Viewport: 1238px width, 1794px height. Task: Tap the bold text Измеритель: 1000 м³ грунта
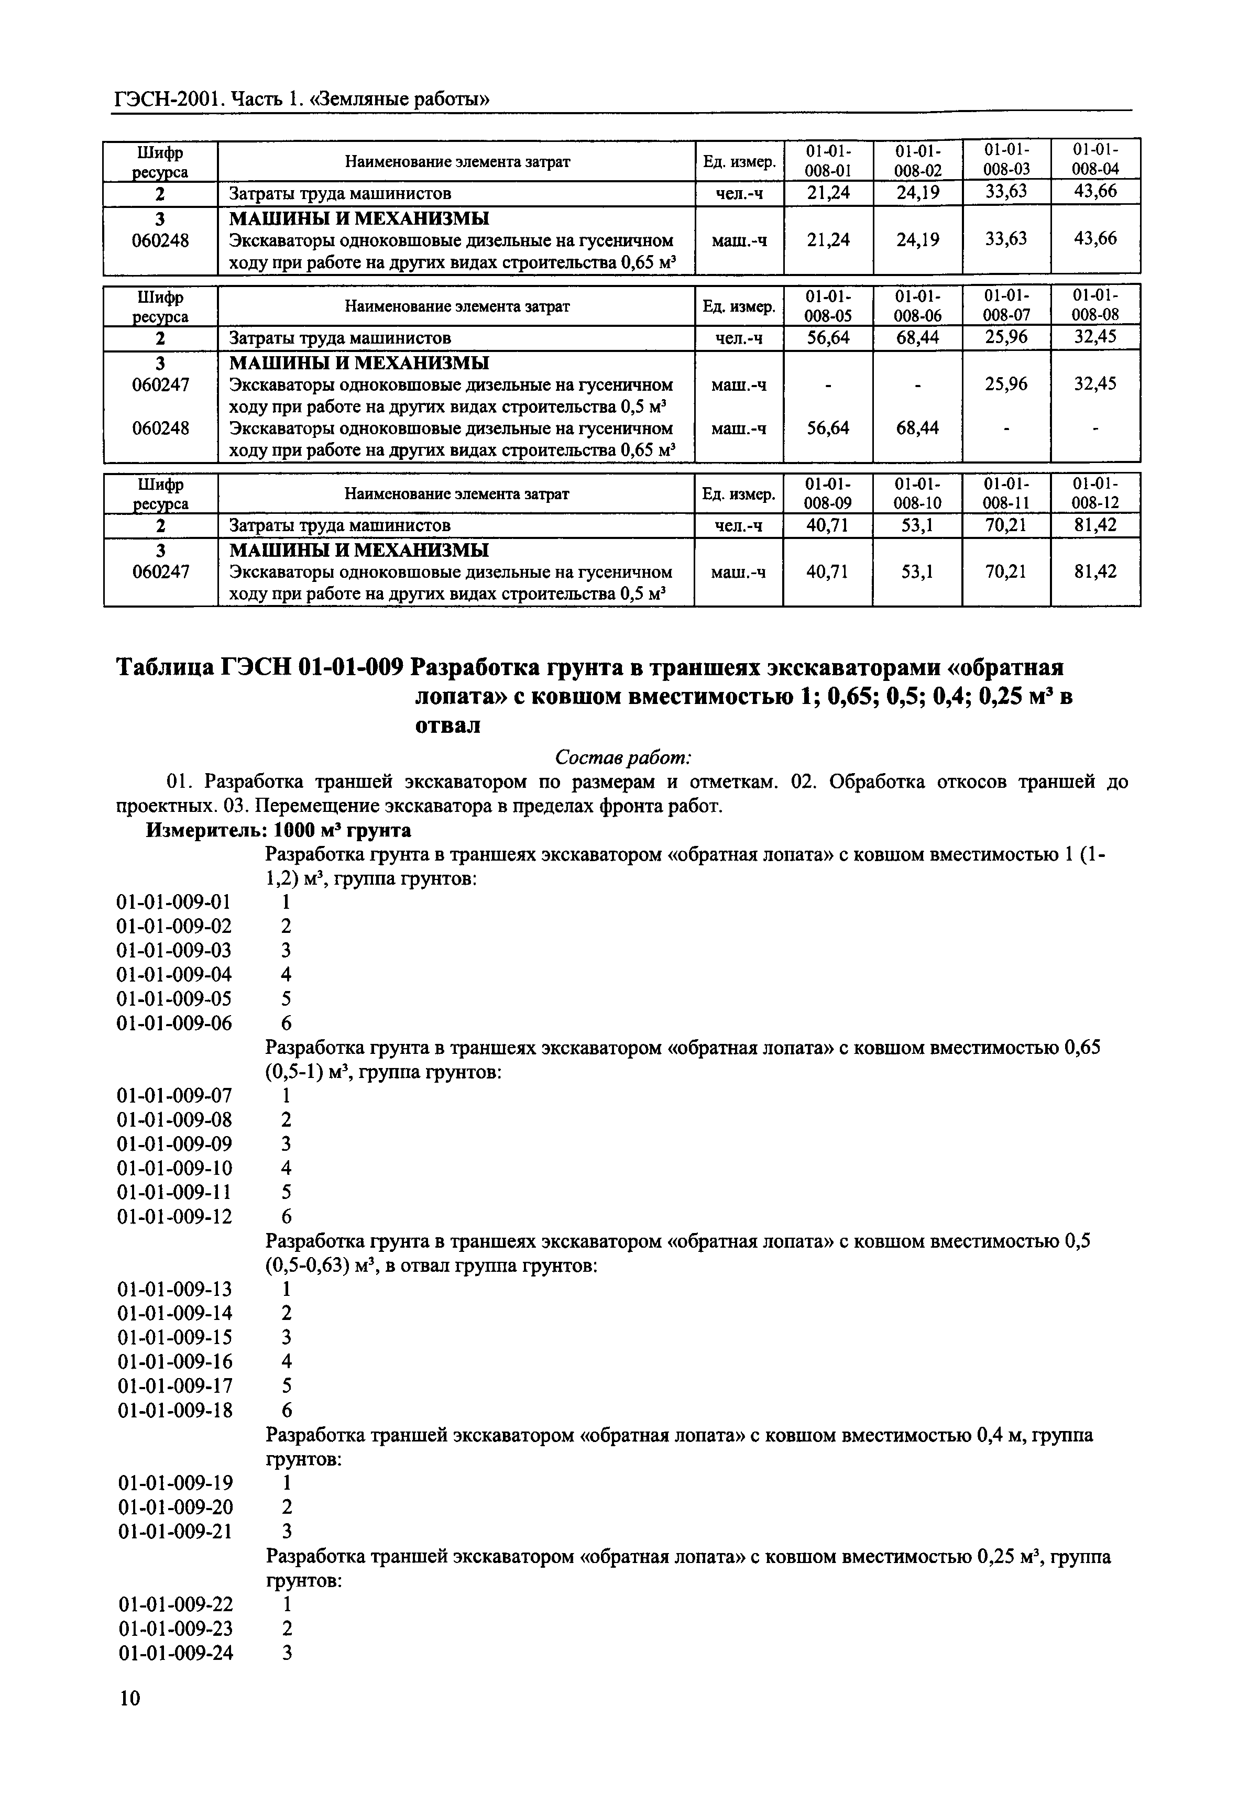coord(279,830)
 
